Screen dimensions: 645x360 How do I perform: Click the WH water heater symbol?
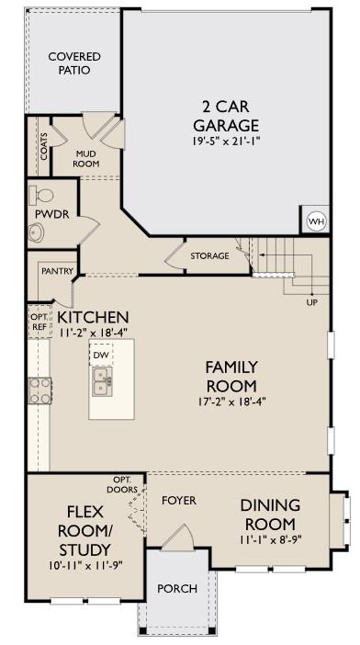point(316,221)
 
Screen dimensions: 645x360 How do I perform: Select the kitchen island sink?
point(101,379)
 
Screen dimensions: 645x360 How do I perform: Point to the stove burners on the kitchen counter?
point(40,391)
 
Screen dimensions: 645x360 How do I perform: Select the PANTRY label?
point(57,272)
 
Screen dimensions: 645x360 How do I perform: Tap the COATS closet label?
point(43,146)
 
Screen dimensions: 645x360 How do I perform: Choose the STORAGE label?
point(209,255)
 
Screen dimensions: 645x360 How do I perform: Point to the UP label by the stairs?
point(311,302)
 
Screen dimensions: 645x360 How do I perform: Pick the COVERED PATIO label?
point(74,63)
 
